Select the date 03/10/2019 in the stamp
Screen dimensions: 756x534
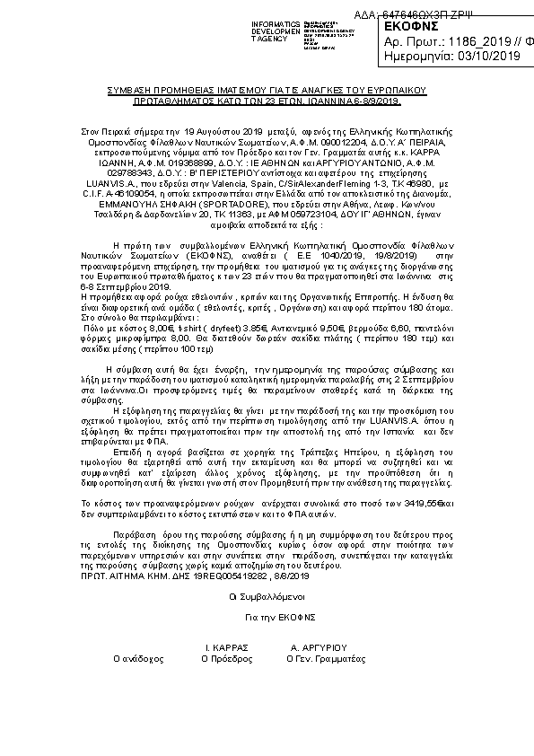(x=487, y=57)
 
